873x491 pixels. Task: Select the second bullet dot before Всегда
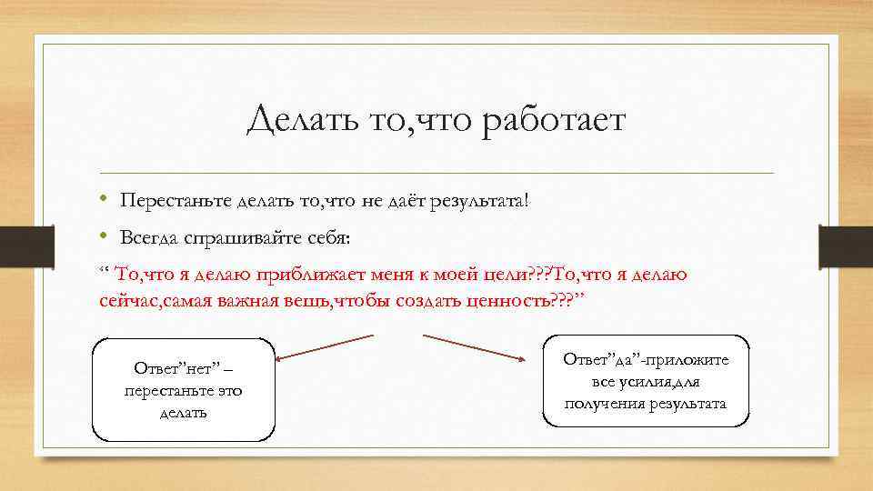click(105, 237)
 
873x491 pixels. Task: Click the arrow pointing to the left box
click(323, 347)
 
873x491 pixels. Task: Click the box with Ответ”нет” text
click(183, 390)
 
